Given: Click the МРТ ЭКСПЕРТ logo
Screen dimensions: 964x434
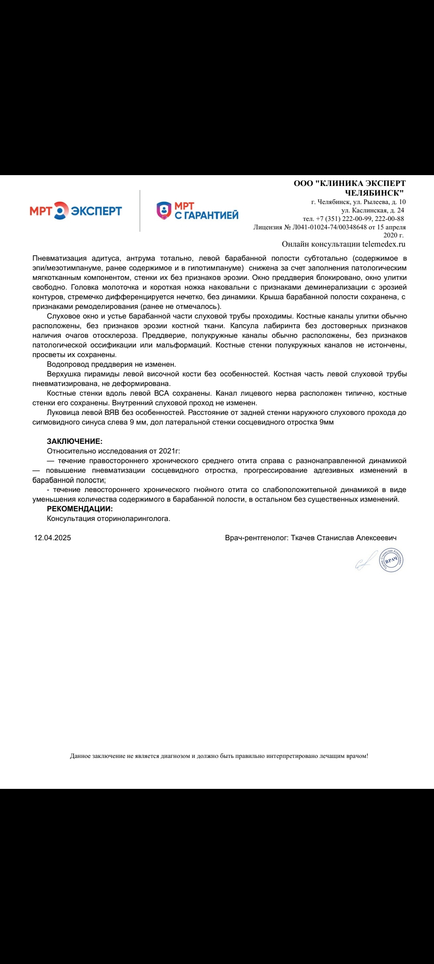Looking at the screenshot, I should point(76,210).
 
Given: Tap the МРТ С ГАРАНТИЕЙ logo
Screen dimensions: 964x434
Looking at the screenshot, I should point(197,211).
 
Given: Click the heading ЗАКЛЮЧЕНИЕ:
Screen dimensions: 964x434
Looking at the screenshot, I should point(75,441).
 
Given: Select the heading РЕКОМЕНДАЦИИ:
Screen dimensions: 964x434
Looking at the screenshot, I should point(80,509).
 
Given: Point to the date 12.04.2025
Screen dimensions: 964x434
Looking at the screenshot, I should point(53,538).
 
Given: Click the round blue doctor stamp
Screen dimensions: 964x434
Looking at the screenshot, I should point(391,560).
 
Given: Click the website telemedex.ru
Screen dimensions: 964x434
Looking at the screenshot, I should point(384,244).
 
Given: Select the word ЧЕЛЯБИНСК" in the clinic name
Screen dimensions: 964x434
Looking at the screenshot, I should point(374,193).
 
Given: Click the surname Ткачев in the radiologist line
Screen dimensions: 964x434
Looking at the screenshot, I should point(303,538).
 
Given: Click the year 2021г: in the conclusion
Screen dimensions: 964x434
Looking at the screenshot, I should point(170,451).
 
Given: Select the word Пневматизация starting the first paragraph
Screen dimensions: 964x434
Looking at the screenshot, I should point(59,258).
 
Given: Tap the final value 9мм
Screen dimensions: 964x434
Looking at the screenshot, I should point(326,422).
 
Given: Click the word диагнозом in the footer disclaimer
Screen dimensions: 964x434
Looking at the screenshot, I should point(175,756).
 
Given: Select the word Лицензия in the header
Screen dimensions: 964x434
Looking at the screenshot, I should point(268,227).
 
